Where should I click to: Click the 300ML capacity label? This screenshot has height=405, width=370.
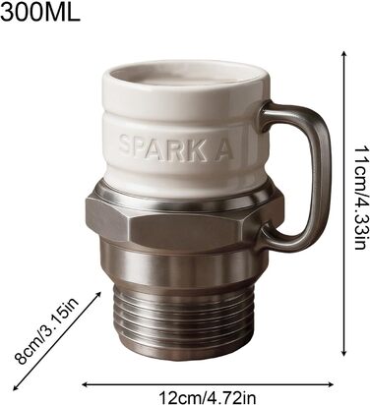40,12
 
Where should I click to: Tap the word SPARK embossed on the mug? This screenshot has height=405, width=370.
160,148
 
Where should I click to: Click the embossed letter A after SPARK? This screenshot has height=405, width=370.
222,150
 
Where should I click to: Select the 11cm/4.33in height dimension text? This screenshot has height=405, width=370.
359,198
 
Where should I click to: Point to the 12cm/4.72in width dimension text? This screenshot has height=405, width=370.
208,397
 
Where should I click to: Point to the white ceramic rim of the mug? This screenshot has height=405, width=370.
187,82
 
